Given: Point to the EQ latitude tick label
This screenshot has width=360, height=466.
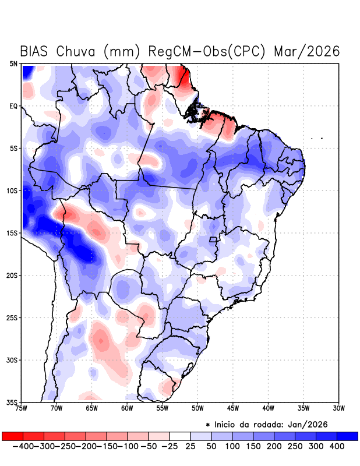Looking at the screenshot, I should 13,106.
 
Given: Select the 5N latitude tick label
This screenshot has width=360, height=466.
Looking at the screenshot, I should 13,63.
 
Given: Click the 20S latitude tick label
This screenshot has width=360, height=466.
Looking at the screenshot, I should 12,275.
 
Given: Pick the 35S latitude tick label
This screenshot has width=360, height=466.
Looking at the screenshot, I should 12,402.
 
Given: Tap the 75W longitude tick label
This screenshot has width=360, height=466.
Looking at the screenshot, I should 22,408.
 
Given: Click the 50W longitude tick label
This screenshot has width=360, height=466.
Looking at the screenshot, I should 197,408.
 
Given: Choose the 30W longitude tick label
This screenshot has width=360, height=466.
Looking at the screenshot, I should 338,408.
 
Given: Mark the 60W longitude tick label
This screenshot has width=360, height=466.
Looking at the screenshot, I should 127,408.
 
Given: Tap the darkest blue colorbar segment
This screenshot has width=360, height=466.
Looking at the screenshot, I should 348,436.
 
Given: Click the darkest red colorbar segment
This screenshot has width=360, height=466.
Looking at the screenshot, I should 12,436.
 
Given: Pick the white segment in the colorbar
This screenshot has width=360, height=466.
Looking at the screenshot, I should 180,436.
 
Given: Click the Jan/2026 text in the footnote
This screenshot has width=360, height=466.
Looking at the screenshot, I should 307,423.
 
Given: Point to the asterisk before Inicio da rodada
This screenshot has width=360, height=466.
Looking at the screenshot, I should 208,424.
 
